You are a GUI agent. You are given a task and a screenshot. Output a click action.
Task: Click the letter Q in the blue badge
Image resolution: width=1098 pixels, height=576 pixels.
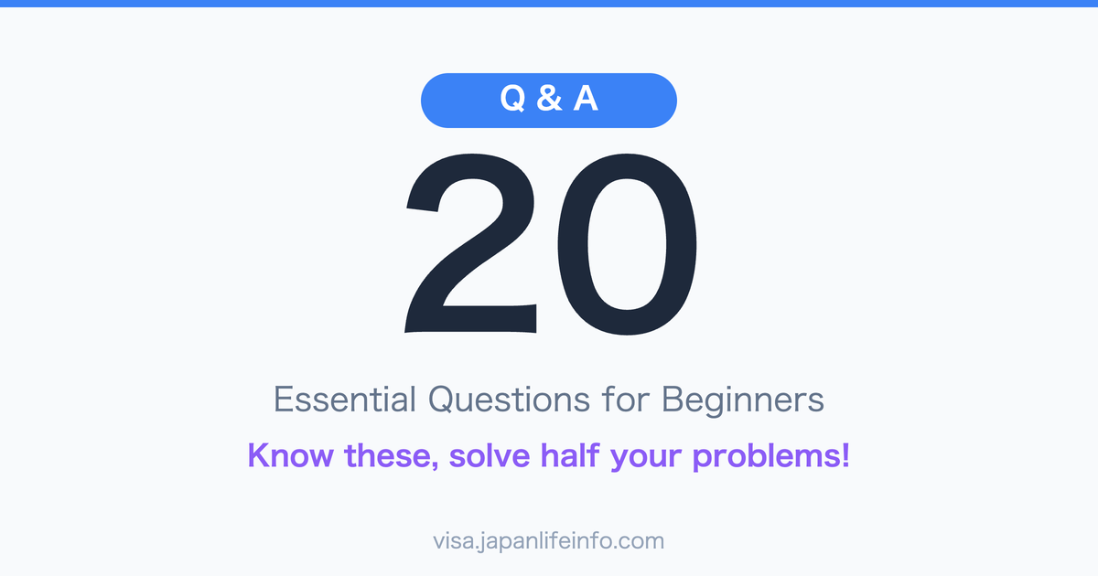[515, 100]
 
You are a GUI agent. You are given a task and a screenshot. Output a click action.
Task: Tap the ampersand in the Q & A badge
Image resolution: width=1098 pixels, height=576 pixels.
[549, 100]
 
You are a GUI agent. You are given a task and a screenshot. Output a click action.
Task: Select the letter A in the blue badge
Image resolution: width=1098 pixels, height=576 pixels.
[586, 100]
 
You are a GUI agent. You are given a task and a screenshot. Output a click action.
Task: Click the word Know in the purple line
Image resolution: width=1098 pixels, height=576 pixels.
[289, 454]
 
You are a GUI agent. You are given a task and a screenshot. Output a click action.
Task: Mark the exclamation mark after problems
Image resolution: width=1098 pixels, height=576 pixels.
[845, 454]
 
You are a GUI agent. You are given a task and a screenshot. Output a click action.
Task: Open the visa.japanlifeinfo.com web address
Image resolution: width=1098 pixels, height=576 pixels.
[549, 540]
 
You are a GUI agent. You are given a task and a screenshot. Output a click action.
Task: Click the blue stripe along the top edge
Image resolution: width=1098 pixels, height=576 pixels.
[549, 4]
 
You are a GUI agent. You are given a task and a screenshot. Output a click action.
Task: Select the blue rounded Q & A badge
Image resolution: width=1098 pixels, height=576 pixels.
[640, 100]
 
